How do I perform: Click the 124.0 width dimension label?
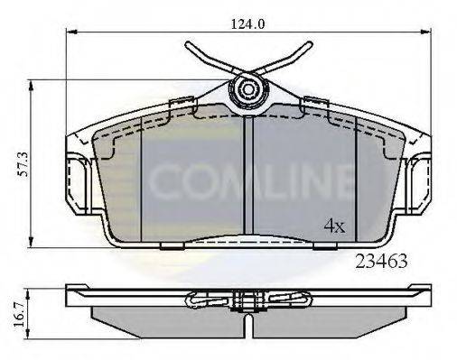click(x=247, y=24)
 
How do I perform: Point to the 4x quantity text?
click(x=334, y=226)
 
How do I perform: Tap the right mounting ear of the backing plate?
click(x=421, y=177)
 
